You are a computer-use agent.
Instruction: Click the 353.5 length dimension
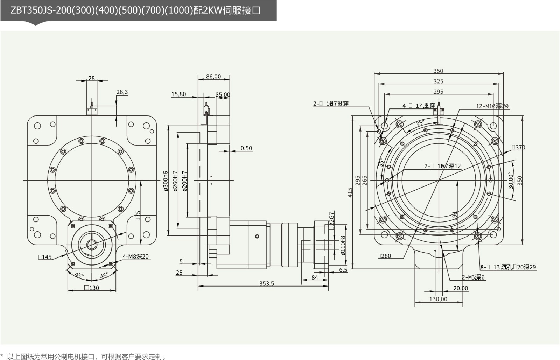(x=266, y=283)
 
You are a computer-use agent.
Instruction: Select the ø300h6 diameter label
(x=166, y=181)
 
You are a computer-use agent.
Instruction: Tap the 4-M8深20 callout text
(x=135, y=256)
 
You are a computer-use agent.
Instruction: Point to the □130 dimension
(x=92, y=288)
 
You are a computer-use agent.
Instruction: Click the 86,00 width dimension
(x=213, y=76)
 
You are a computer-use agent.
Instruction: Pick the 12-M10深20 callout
(x=492, y=106)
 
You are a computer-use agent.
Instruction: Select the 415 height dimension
(x=350, y=192)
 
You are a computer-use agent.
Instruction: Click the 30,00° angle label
(x=511, y=181)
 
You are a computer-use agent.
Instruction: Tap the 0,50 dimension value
(x=246, y=148)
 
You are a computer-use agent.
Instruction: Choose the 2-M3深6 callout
(x=473, y=277)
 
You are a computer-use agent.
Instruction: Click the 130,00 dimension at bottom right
(x=438, y=299)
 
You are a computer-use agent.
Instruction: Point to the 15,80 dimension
(x=178, y=94)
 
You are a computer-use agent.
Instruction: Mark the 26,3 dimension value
(x=122, y=92)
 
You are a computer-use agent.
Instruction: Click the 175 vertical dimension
(x=138, y=215)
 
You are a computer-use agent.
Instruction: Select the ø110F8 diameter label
(x=343, y=245)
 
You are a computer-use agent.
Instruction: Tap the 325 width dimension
(x=438, y=81)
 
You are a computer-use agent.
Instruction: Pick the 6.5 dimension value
(x=343, y=270)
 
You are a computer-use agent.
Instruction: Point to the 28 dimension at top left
(x=91, y=78)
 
